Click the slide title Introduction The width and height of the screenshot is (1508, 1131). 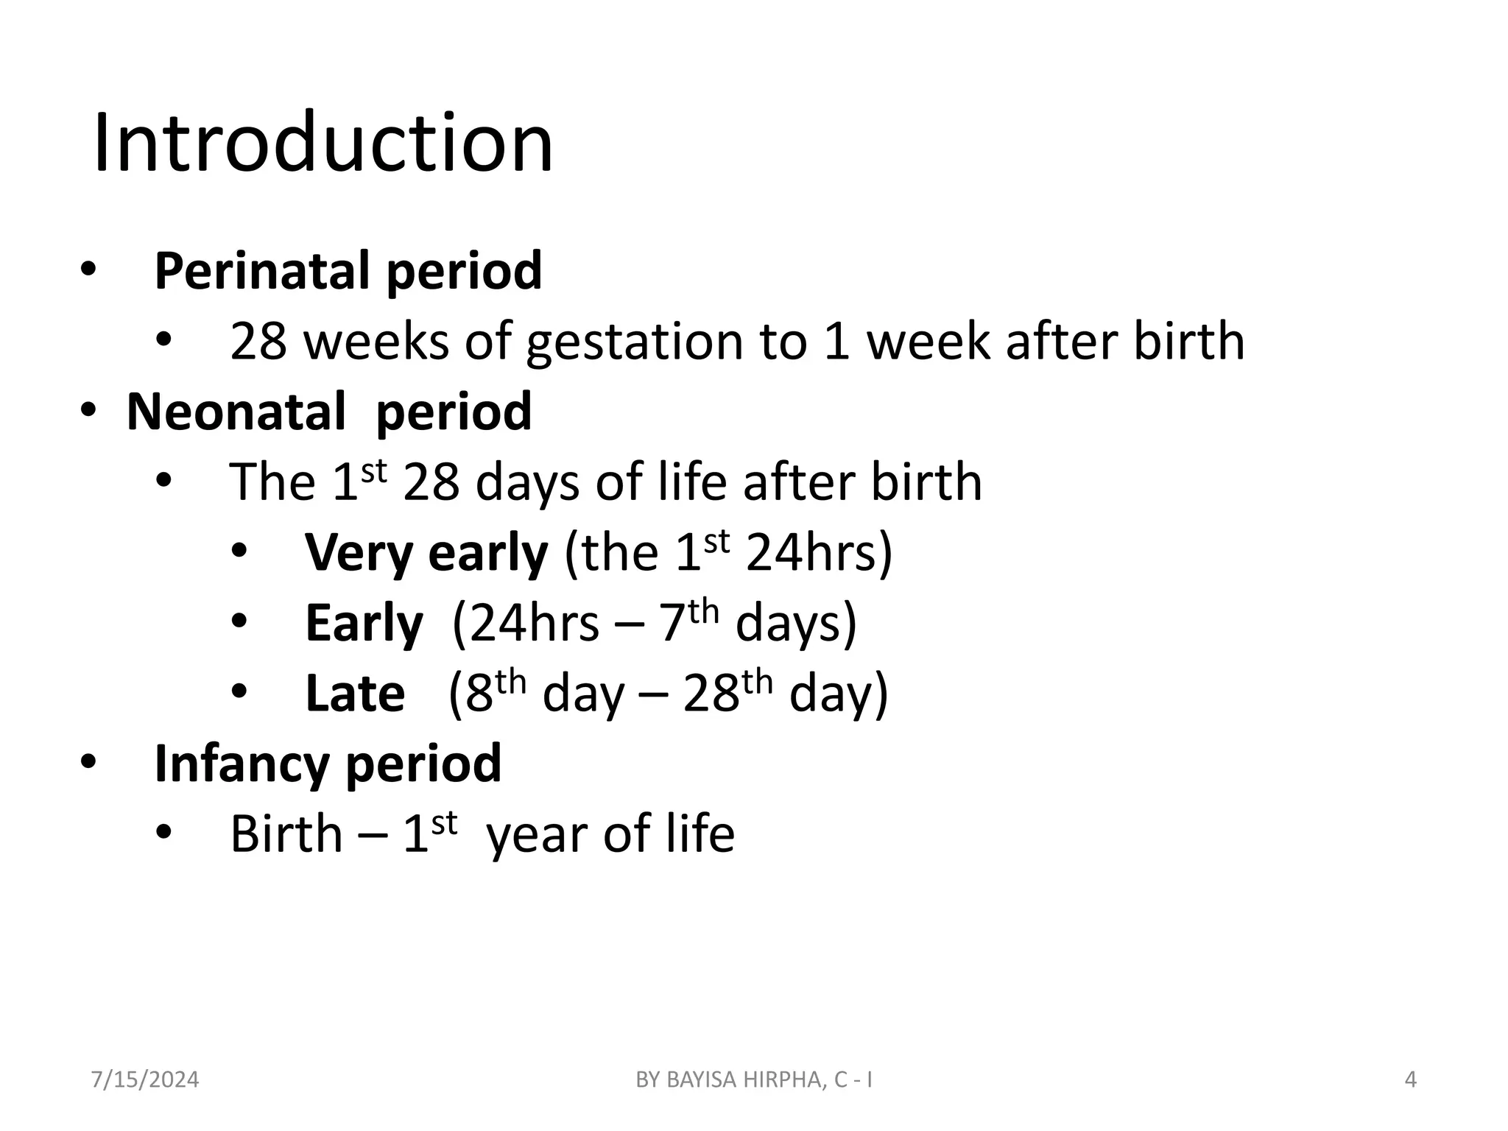click(x=323, y=142)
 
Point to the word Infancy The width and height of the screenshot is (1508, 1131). click(x=241, y=764)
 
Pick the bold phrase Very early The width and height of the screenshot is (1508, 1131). click(x=426, y=552)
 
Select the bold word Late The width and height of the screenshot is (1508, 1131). click(x=355, y=694)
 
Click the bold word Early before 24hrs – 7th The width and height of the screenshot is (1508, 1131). click(x=364, y=623)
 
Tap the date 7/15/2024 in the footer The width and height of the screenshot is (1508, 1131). click(x=145, y=1080)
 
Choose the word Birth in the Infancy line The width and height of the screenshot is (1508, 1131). click(x=286, y=834)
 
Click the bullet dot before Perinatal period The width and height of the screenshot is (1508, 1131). click(x=88, y=270)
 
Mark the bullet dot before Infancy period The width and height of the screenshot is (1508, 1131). click(x=88, y=763)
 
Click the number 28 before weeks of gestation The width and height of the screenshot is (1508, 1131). click(x=258, y=342)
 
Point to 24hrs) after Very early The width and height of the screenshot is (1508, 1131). click(x=819, y=552)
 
